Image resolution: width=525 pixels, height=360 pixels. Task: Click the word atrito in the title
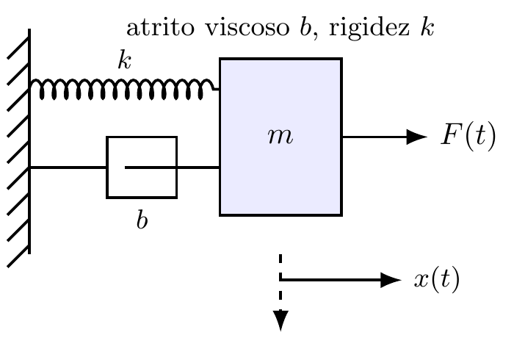[160, 27]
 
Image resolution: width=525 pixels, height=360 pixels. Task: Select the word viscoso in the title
[247, 27]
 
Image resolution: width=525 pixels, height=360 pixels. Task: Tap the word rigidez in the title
[369, 29]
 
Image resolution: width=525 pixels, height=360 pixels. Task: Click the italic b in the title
[305, 26]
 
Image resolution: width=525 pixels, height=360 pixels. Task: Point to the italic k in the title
[427, 26]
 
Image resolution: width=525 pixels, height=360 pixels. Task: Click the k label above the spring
[125, 60]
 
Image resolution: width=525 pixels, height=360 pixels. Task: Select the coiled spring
[125, 89]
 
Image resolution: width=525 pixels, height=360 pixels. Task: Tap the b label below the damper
[142, 220]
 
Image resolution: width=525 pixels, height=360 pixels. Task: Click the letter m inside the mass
[280, 137]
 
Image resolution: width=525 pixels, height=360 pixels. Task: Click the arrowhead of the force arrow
[417, 137]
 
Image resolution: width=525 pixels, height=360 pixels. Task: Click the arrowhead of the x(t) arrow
[391, 280]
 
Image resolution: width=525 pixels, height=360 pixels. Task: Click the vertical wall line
[29, 141]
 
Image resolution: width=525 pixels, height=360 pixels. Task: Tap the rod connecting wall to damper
[68, 167]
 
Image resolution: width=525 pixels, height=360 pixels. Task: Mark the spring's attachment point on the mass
[220, 89]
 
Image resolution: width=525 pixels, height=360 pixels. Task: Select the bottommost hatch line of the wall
[18, 256]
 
